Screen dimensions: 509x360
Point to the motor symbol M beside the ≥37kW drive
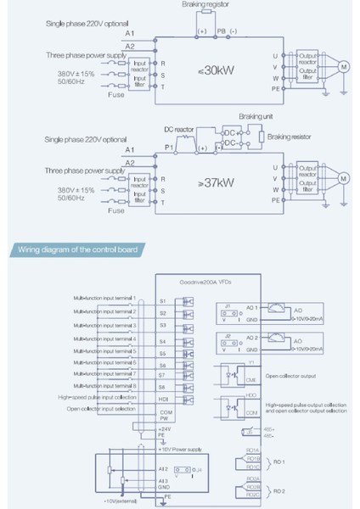[x=344, y=177]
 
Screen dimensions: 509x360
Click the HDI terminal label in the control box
[x=164, y=395]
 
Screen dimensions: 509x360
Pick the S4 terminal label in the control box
[x=163, y=338]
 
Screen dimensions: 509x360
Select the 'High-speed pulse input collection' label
[x=98, y=396]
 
